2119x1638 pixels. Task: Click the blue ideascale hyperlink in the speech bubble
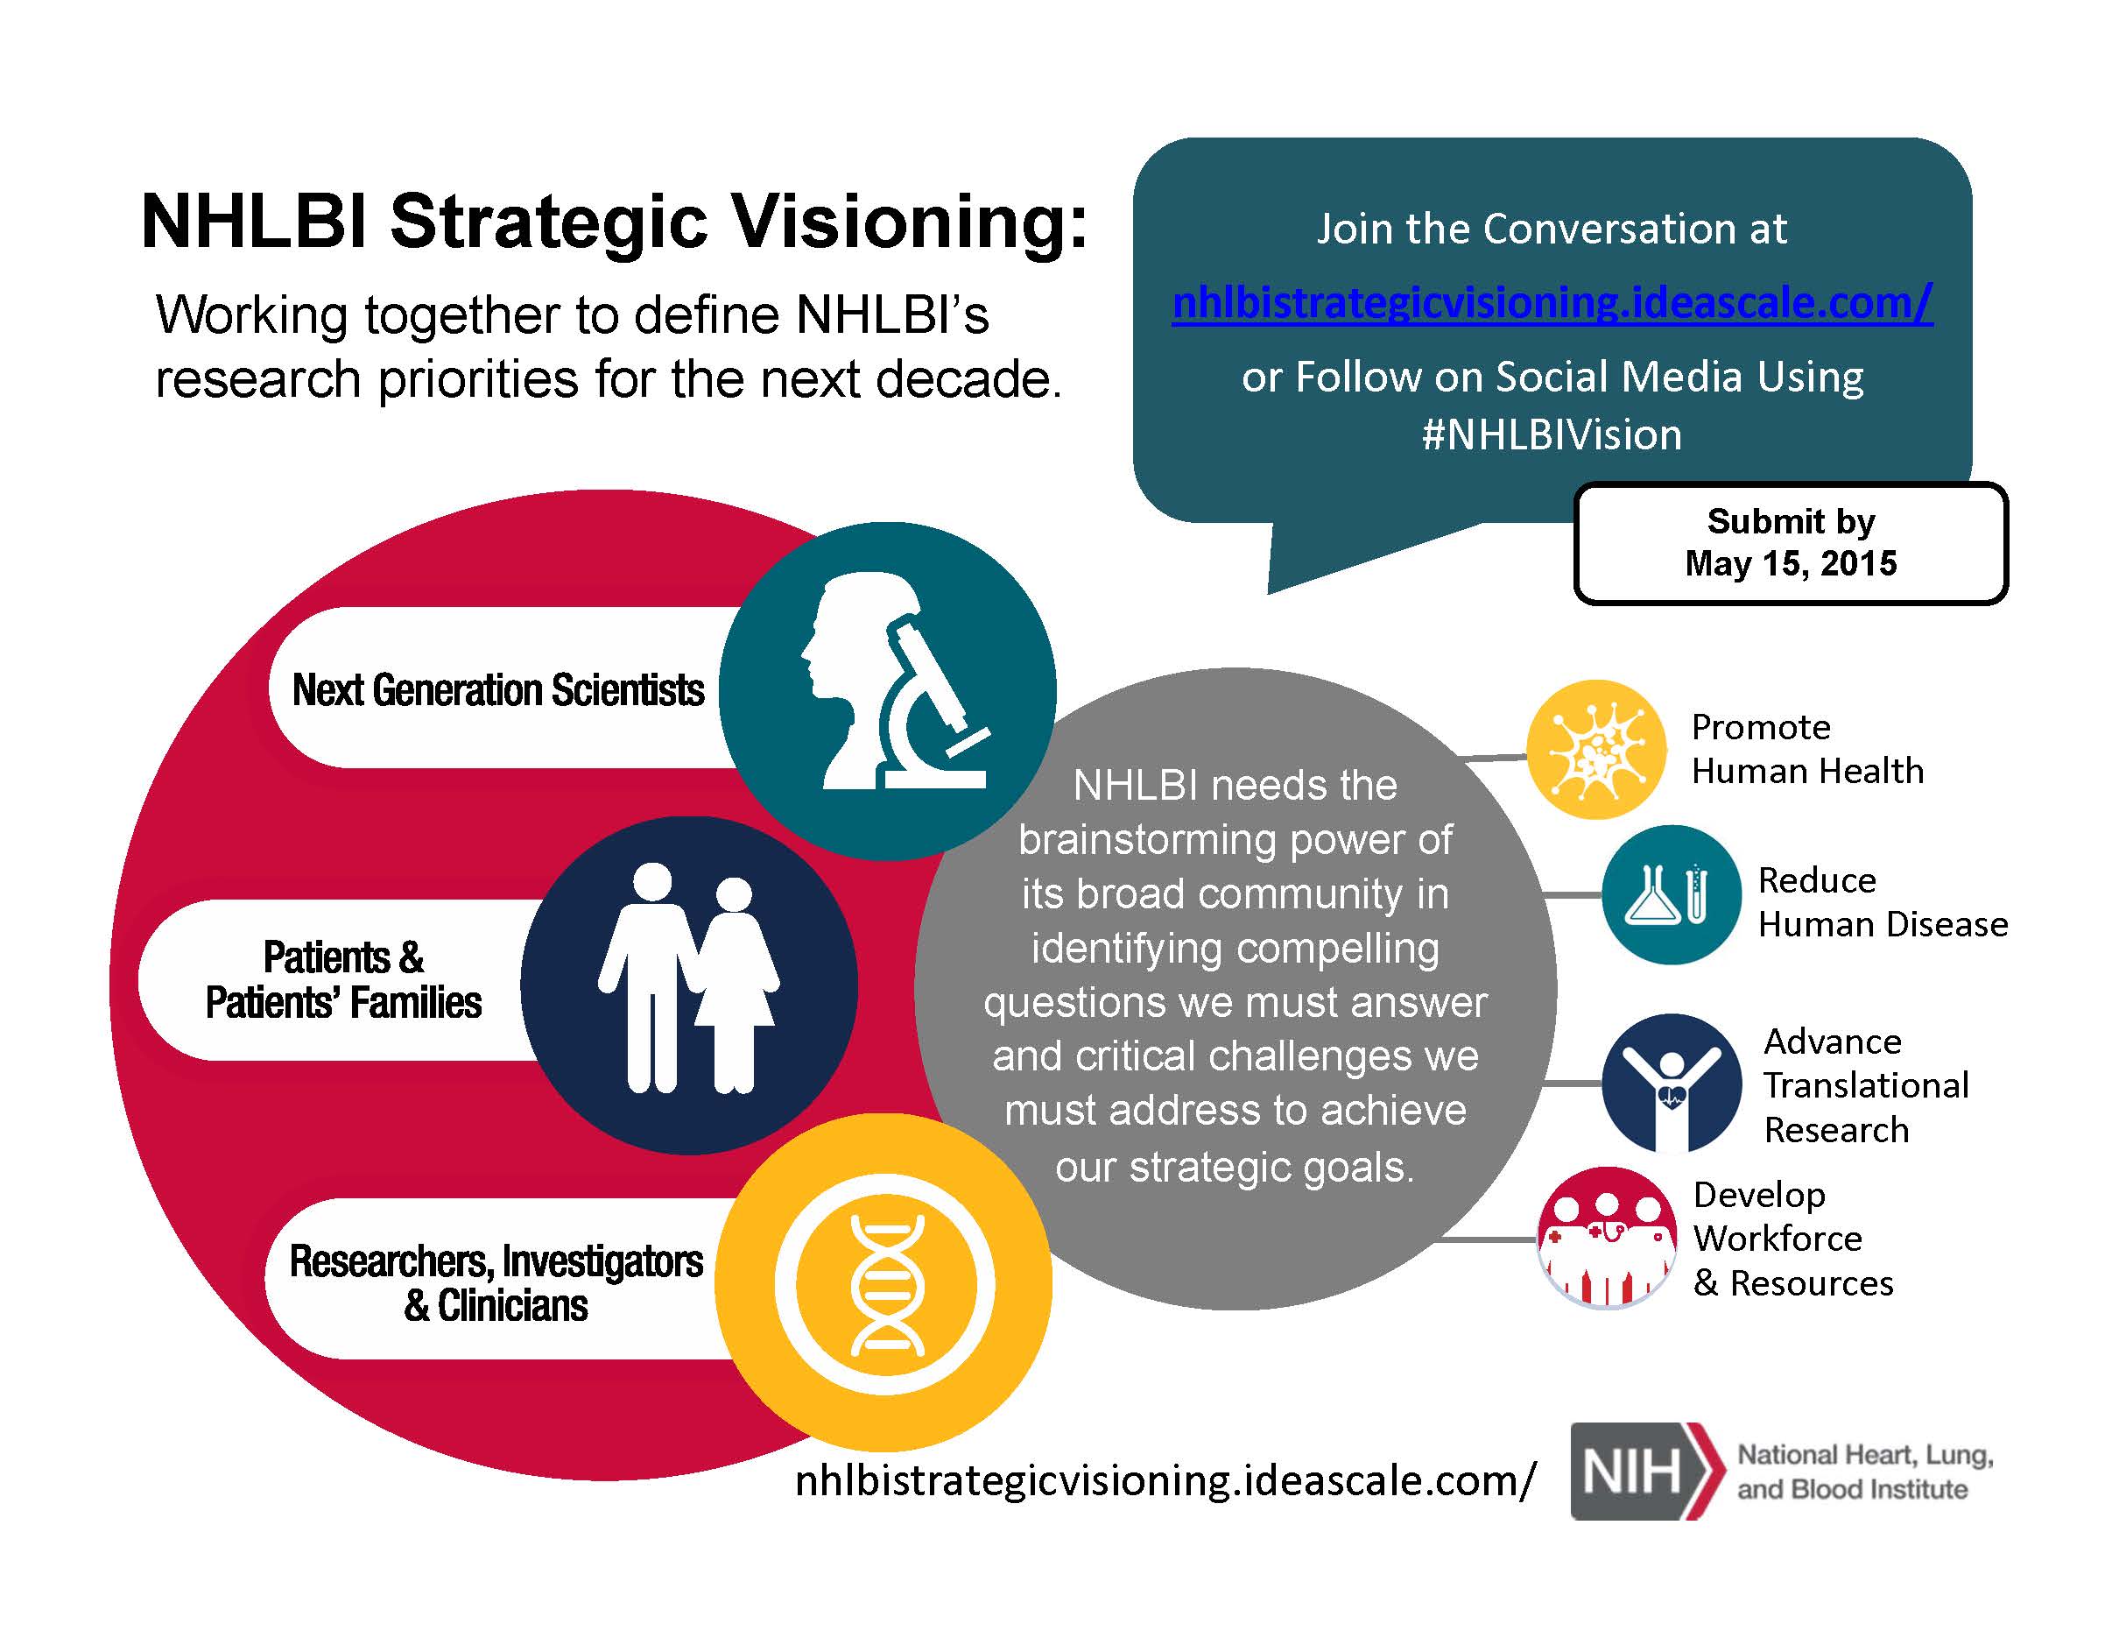pyautogui.click(x=1552, y=302)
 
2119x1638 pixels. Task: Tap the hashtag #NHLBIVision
pyautogui.click(x=1552, y=434)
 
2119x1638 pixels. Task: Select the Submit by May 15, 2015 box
pyautogui.click(x=1791, y=542)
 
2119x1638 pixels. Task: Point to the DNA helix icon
pyautogui.click(x=886, y=1284)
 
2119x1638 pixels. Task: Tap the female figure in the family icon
pyautogui.click(x=736, y=985)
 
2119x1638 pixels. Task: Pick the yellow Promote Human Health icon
pyautogui.click(x=1596, y=749)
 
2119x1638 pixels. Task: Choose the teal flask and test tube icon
pyautogui.click(x=1672, y=893)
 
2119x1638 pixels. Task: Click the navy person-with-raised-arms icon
pyautogui.click(x=1672, y=1083)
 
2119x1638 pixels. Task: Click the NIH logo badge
pyautogui.click(x=1644, y=1471)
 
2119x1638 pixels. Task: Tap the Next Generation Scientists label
pyautogui.click(x=497, y=690)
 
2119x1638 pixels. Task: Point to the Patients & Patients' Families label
pyautogui.click(x=343, y=979)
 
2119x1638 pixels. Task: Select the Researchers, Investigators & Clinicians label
pyautogui.click(x=496, y=1283)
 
